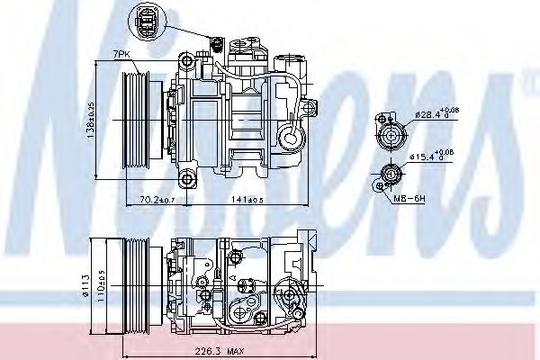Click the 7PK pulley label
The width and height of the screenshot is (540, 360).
click(x=121, y=56)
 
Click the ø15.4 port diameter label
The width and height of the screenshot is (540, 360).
click(x=431, y=157)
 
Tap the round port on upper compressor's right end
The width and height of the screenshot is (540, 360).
click(x=292, y=137)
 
